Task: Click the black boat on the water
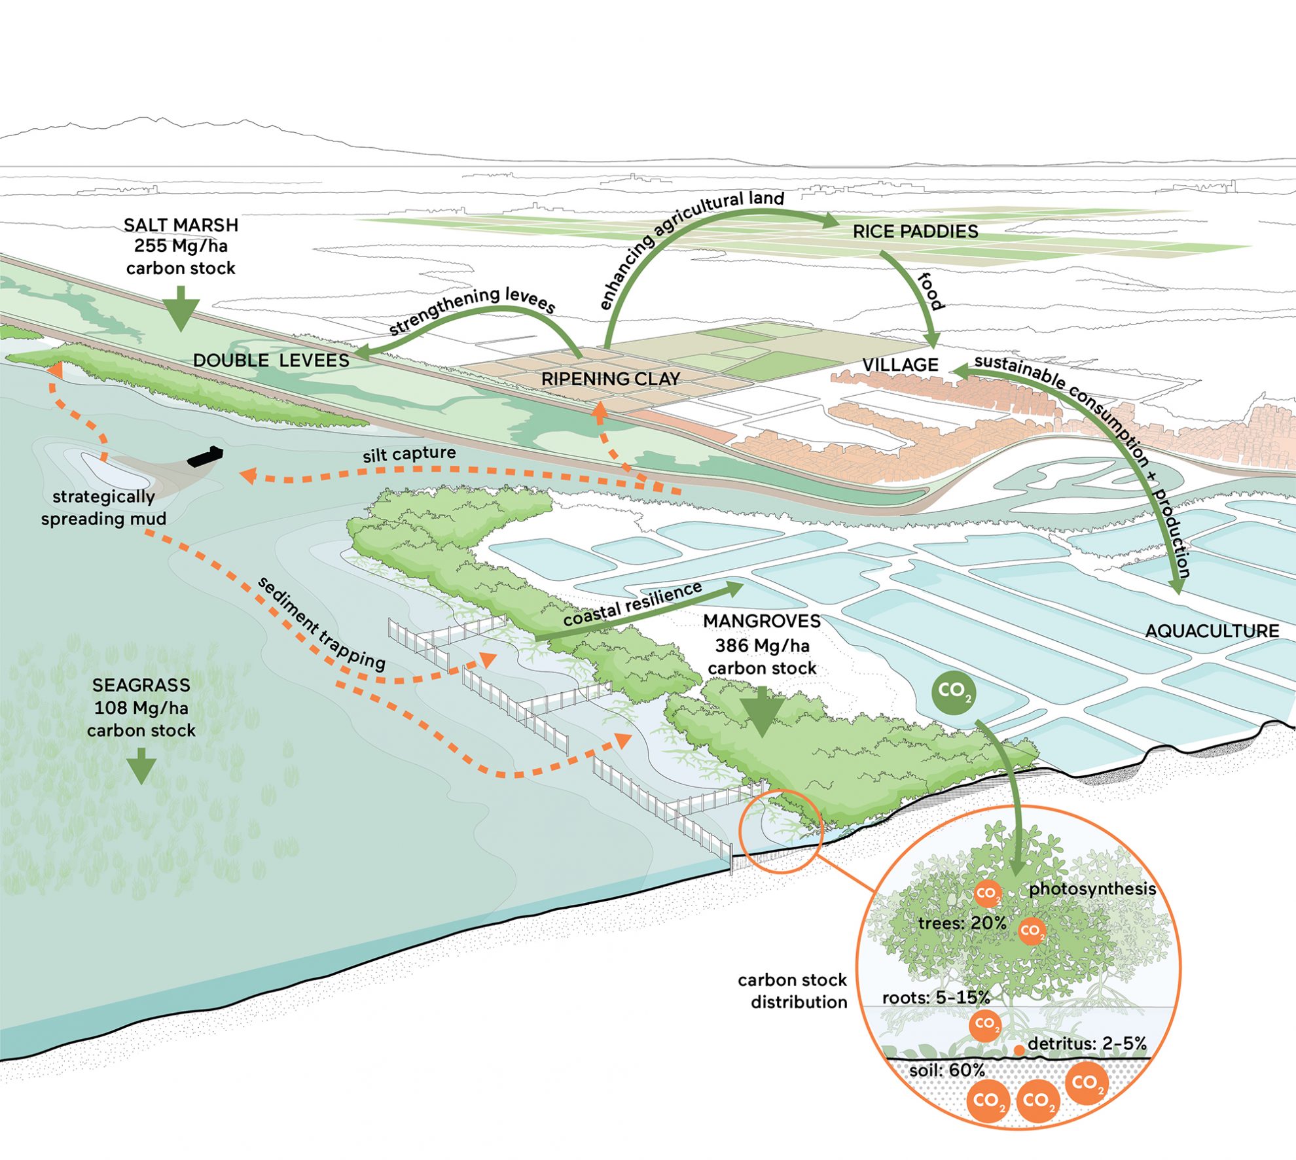pyautogui.click(x=206, y=456)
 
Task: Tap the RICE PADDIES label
pyautogui.click(x=915, y=232)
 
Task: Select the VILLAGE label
pyautogui.click(x=900, y=365)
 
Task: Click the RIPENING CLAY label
pyautogui.click(x=611, y=379)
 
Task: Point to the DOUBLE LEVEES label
pyautogui.click(x=271, y=360)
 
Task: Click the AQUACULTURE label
pyautogui.click(x=1212, y=631)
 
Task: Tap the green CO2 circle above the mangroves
pyautogui.click(x=954, y=691)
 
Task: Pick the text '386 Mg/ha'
pyautogui.click(x=762, y=646)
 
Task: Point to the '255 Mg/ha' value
pyautogui.click(x=181, y=246)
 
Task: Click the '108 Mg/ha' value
pyautogui.click(x=141, y=708)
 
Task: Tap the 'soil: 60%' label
pyautogui.click(x=946, y=1070)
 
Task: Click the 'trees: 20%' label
pyautogui.click(x=962, y=923)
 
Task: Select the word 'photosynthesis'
pyautogui.click(x=1092, y=889)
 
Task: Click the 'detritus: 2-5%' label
pyautogui.click(x=1087, y=1044)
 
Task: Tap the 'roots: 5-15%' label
pyautogui.click(x=936, y=998)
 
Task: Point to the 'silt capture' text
pyautogui.click(x=409, y=453)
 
